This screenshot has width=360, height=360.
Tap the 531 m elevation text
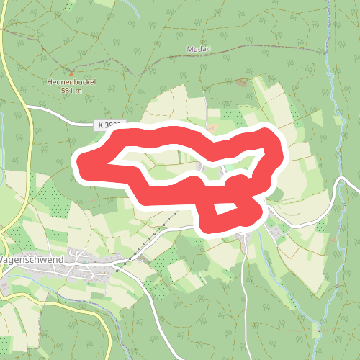pos(72,91)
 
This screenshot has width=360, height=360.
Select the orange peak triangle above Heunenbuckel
pos(71,73)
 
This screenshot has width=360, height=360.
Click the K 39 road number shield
pos(108,125)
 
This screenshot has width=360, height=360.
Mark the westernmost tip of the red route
pos(81,163)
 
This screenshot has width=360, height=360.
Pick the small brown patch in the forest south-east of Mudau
pos(242,81)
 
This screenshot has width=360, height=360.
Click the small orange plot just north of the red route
pos(212,127)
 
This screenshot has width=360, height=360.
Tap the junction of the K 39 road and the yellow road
pos(29,107)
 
